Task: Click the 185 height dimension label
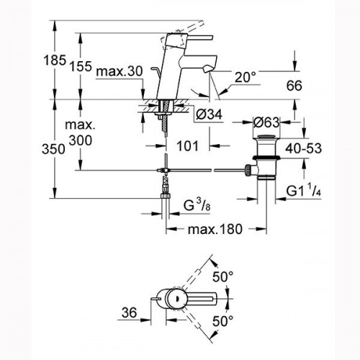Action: tap(55, 60)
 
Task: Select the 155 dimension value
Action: tap(81, 66)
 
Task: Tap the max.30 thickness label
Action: tap(120, 71)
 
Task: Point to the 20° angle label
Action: tap(245, 78)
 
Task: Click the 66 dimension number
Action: tap(294, 86)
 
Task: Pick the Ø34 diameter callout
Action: tap(209, 114)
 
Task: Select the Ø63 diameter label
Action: tap(266, 122)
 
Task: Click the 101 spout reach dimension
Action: tap(188, 145)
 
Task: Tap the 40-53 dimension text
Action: tap(303, 148)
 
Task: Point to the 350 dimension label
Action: tap(53, 149)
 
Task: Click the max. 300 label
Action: tap(81, 132)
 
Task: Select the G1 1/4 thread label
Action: tap(304, 190)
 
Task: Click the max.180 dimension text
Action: tap(215, 230)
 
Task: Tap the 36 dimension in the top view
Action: tap(129, 312)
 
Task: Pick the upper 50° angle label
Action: tap(222, 277)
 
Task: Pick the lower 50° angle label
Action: tap(222, 321)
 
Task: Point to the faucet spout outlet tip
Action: tap(207, 70)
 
